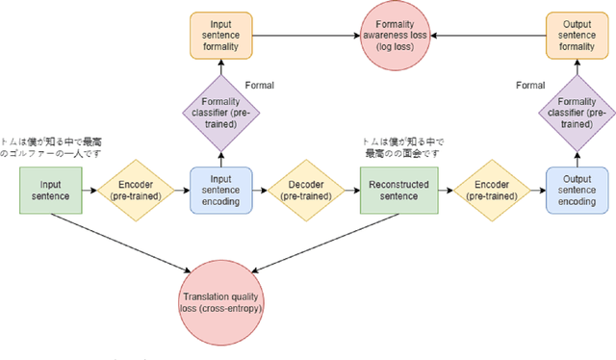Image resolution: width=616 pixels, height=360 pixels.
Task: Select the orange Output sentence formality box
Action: click(576, 35)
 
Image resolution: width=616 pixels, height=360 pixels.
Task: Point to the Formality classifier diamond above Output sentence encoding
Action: click(576, 116)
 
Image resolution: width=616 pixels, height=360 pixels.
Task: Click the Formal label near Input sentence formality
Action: click(260, 86)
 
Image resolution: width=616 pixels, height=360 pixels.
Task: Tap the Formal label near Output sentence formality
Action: click(530, 86)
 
